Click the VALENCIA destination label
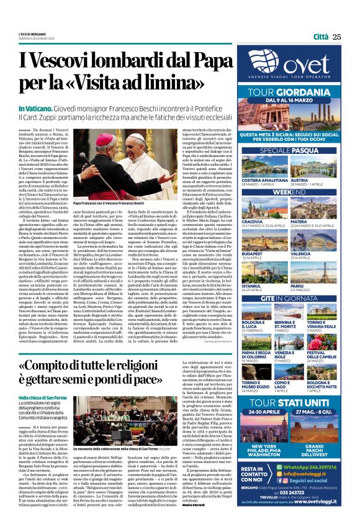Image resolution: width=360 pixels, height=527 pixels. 317,253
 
